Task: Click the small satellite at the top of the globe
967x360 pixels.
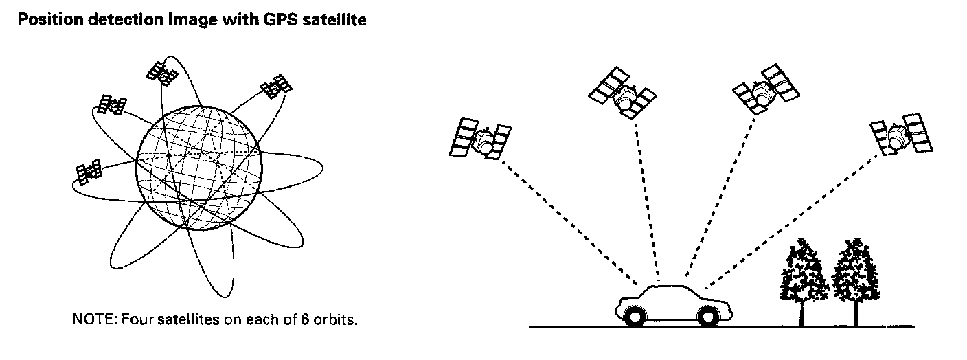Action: click(162, 72)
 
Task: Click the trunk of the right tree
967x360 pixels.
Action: click(855, 313)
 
